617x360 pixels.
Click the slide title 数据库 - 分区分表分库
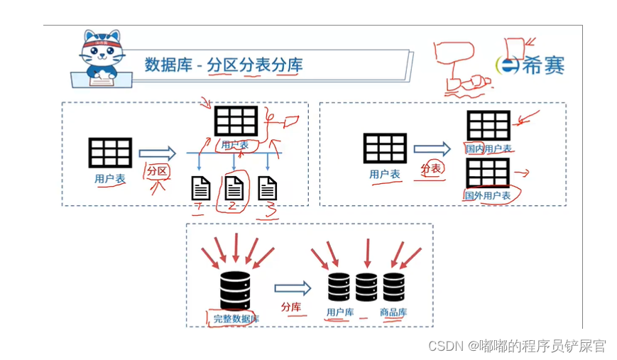pyautogui.click(x=224, y=65)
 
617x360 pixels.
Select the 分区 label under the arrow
pyautogui.click(x=156, y=171)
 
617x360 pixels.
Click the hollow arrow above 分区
pyautogui.click(x=157, y=153)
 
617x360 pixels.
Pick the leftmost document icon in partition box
pyautogui.click(x=201, y=188)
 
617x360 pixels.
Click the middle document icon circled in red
pyautogui.click(x=234, y=188)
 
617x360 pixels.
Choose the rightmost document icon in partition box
pyautogui.click(x=267, y=188)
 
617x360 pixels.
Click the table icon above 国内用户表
pyautogui.click(x=488, y=126)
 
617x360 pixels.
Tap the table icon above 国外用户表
pyautogui.click(x=488, y=173)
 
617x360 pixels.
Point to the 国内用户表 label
pyautogui.click(x=488, y=148)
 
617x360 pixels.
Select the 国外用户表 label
pyautogui.click(x=488, y=195)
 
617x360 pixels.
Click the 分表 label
pyautogui.click(x=431, y=168)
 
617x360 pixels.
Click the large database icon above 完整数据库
pyautogui.click(x=234, y=290)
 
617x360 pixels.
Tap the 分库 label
pyautogui.click(x=291, y=307)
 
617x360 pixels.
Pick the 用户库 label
pyautogui.click(x=339, y=312)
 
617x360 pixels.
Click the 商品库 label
pyautogui.click(x=393, y=312)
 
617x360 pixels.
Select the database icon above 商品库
pyautogui.click(x=393, y=288)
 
